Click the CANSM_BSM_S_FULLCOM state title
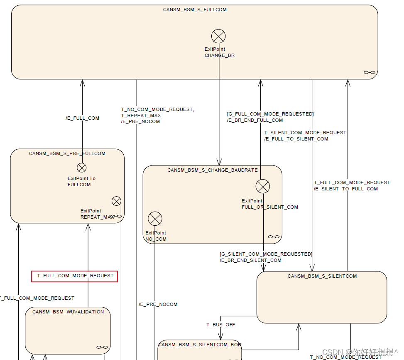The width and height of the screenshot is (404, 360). coord(195,10)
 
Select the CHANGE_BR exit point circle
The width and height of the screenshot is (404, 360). coord(218,37)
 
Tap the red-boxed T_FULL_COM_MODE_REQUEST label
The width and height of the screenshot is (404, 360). coord(75,276)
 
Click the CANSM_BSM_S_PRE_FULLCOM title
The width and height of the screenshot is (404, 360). coord(67,153)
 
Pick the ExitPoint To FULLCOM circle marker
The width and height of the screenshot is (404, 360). coord(82,168)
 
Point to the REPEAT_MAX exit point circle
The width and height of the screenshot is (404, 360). coord(116,201)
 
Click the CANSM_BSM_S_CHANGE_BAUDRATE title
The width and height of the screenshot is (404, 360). coord(213,170)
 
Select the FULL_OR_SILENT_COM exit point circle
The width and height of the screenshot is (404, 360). coord(263,186)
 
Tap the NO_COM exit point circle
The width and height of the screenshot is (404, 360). coord(155,218)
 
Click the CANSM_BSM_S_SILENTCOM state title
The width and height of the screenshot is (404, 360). coord(322,276)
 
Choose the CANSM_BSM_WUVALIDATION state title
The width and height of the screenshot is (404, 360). coord(68,312)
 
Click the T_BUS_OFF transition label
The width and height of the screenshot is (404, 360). coord(221,325)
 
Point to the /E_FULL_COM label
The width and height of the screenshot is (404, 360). coord(83,118)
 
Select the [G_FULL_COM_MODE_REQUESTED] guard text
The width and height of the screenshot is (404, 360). coord(270,114)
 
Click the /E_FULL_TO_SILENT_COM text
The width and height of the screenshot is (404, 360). coord(296,139)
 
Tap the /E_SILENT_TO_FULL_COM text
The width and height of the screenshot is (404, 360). coord(346,189)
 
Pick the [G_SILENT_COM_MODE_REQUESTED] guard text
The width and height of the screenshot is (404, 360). coord(266,254)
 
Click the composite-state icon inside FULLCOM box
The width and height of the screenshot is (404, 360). coord(370,72)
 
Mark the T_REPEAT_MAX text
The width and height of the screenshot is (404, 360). coord(141,116)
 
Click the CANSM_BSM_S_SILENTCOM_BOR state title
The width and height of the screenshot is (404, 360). coord(200,345)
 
